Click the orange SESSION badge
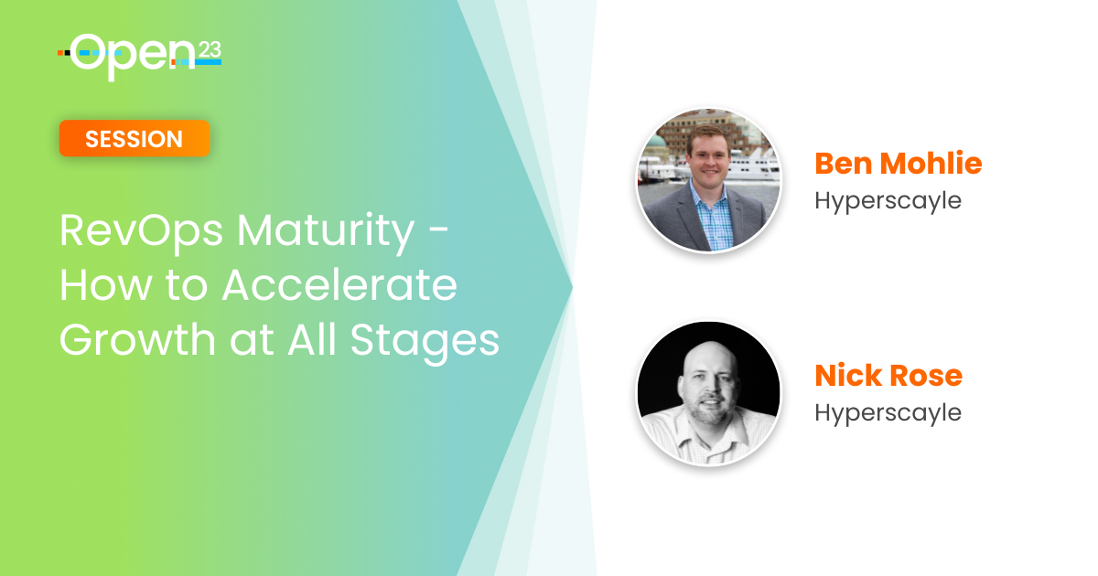(x=135, y=139)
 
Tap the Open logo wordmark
(x=133, y=57)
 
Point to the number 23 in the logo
(x=210, y=50)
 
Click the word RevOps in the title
(x=141, y=231)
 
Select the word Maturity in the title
(x=327, y=230)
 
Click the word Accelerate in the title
(x=339, y=285)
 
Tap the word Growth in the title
(x=137, y=339)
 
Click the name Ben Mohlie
(x=898, y=163)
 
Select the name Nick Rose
(x=888, y=376)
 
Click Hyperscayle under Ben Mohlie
(x=888, y=201)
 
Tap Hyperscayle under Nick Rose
(x=888, y=413)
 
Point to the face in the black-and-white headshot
(x=710, y=388)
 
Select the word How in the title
(x=105, y=285)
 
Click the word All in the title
(x=312, y=339)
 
